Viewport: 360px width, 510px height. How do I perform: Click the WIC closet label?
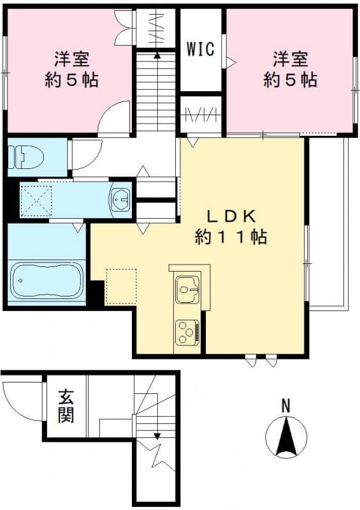pyautogui.click(x=201, y=49)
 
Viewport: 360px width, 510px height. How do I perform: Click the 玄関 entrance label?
pyautogui.click(x=66, y=406)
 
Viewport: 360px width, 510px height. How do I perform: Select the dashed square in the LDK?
pyautogui.click(x=121, y=286)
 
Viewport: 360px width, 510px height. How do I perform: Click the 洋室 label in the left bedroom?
pyautogui.click(x=71, y=61)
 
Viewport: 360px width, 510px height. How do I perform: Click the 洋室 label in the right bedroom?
pyautogui.click(x=291, y=60)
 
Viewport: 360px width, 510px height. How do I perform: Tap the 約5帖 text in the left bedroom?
pyautogui.click(x=71, y=81)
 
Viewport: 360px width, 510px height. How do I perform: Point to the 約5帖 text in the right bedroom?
pyautogui.click(x=291, y=80)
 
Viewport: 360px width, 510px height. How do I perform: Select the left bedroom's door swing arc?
pyautogui.click(x=115, y=119)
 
